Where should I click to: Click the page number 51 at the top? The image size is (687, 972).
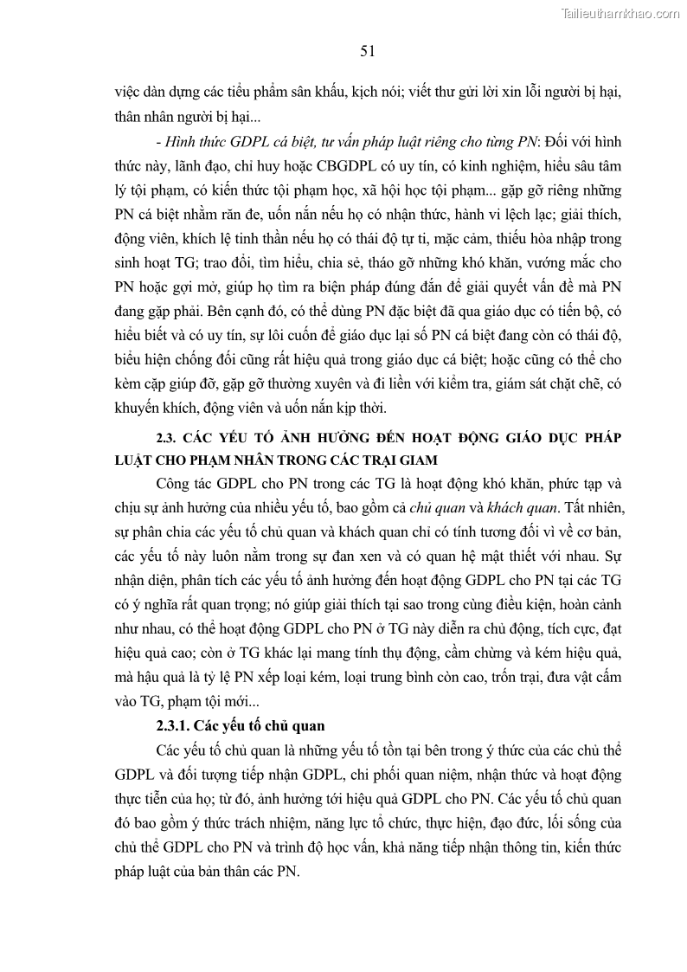367,51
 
